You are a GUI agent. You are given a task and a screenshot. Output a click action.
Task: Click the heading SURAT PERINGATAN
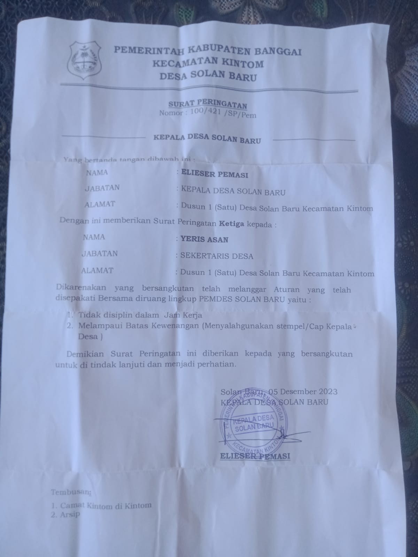click(x=208, y=105)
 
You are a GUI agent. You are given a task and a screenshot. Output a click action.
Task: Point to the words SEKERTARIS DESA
click(x=216, y=256)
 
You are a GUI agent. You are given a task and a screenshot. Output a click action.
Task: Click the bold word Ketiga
click(x=231, y=224)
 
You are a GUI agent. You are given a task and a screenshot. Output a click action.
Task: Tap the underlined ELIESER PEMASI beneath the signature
click(x=255, y=456)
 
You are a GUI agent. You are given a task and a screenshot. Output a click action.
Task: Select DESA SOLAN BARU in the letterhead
click(x=208, y=77)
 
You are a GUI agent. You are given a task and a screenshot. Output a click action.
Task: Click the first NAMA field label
click(x=97, y=172)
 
